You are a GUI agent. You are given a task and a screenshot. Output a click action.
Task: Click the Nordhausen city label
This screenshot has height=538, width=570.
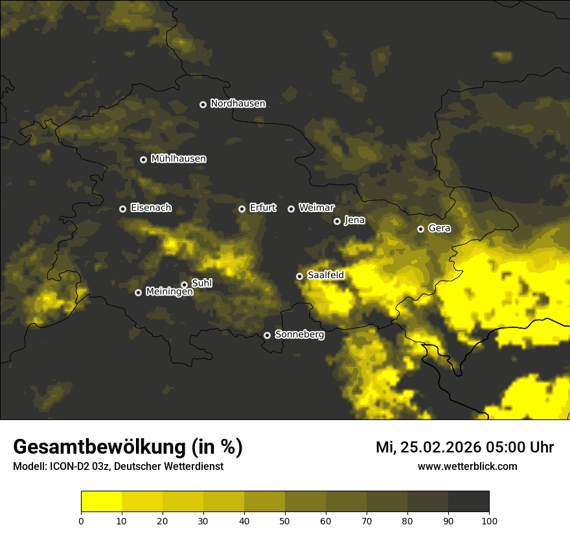click(x=238, y=104)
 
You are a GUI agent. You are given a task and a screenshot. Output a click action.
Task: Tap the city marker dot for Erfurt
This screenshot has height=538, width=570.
click(x=242, y=209)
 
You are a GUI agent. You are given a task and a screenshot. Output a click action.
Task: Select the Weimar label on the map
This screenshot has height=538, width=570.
click(x=316, y=208)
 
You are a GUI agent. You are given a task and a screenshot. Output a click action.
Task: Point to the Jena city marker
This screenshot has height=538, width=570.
click(x=337, y=221)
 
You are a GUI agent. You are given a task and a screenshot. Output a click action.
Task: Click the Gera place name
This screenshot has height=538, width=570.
click(x=439, y=228)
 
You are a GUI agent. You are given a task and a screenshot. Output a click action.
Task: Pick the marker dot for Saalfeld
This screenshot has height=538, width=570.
click(x=300, y=276)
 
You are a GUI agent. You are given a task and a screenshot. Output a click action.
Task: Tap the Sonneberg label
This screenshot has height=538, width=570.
click(x=299, y=334)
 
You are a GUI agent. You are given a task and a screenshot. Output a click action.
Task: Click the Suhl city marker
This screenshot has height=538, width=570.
click(x=185, y=285)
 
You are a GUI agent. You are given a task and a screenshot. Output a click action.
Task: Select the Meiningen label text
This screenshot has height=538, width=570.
click(x=169, y=292)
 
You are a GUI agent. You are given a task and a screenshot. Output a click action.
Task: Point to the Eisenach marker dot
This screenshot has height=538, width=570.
click(x=123, y=209)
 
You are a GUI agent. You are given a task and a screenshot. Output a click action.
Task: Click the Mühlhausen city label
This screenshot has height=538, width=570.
click(x=178, y=159)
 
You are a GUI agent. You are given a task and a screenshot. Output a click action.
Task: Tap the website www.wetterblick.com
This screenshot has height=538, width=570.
click(x=467, y=466)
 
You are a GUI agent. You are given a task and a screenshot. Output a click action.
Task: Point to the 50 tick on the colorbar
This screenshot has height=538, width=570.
click(x=285, y=520)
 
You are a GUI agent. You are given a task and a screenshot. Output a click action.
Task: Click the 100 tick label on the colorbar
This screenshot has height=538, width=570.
click(x=489, y=520)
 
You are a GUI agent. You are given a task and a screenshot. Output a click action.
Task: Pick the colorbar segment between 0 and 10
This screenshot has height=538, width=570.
click(x=102, y=501)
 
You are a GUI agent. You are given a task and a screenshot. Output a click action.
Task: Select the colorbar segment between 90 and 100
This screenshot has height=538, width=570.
click(x=468, y=501)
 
